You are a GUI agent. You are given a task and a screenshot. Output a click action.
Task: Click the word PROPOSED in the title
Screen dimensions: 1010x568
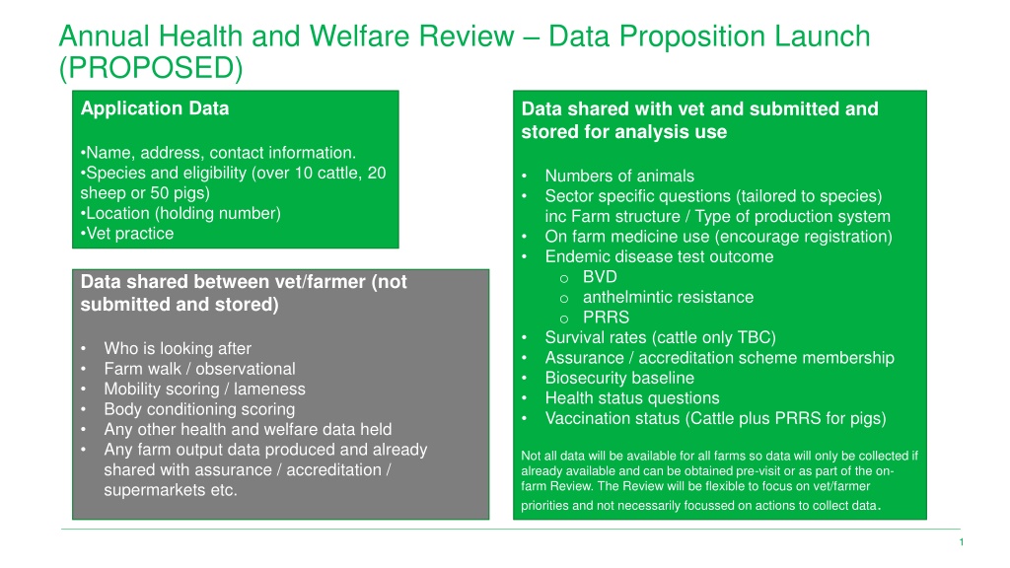[151, 68]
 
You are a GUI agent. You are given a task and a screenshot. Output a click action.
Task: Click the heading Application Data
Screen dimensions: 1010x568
[155, 108]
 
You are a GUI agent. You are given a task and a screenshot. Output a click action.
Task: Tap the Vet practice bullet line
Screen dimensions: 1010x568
[127, 233]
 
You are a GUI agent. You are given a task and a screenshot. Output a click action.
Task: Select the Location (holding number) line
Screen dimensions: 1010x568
[180, 213]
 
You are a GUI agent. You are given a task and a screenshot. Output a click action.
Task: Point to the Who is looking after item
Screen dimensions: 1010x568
[178, 348]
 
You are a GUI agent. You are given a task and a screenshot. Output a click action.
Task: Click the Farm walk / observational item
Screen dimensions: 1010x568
[199, 369]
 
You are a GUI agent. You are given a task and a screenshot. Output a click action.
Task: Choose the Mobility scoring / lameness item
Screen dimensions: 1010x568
[205, 389]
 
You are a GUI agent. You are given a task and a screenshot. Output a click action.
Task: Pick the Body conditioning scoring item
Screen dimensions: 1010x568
[199, 409]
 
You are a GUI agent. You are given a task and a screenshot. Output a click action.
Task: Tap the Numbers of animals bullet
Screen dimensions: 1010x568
[619, 176]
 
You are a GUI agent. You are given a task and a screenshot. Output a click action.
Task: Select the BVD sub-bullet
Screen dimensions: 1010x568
[600, 277]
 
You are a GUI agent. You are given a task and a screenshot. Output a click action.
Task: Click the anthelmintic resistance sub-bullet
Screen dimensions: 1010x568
[668, 297]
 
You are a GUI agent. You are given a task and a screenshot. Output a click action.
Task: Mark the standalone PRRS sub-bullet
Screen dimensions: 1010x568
[607, 318]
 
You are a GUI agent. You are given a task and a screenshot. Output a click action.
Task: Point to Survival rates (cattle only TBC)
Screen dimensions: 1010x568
[660, 337]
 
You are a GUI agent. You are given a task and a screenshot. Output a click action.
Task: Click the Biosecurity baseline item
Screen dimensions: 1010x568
[619, 378]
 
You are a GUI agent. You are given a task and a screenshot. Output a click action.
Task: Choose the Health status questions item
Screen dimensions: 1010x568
[632, 398]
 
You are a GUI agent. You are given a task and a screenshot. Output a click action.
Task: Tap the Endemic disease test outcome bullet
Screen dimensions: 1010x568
[659, 256]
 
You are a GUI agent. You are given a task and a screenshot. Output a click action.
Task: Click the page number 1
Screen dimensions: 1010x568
[962, 542]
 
